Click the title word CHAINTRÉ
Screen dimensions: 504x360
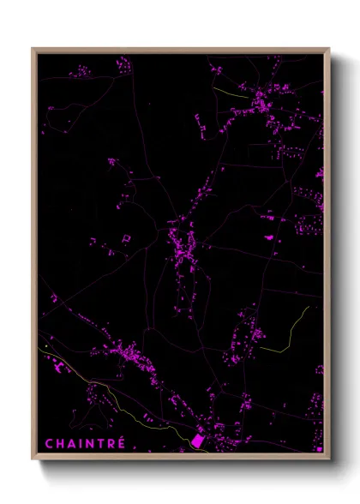85,443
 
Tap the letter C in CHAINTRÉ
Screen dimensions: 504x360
49,443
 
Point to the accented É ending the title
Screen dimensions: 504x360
121,442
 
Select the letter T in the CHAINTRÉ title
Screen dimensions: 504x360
100,443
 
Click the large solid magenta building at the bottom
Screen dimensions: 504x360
196,440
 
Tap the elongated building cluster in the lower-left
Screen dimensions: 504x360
124,352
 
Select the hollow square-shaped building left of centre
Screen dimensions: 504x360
126,237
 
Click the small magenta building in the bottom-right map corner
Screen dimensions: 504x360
319,447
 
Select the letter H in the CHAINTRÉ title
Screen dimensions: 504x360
60,443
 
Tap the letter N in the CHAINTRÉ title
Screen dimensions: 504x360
89,443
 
